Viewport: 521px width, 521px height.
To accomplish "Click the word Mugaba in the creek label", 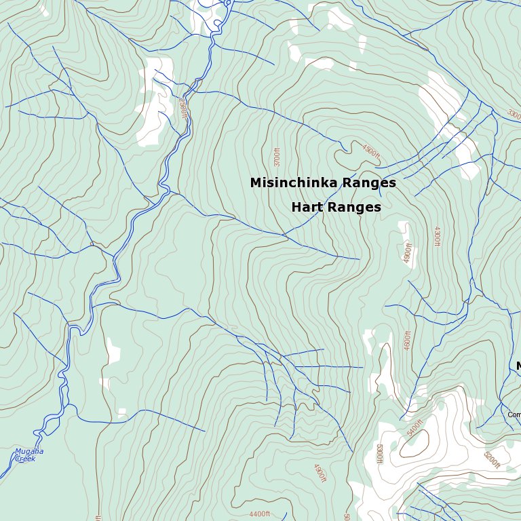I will point(29,451).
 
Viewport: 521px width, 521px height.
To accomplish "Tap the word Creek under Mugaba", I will point(25,459).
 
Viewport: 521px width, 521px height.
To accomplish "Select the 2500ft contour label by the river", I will point(182,108).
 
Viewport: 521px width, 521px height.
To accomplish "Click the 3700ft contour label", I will point(277,157).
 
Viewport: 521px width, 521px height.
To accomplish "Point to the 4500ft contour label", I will point(371,153).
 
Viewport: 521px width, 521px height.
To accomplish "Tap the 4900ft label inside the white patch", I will point(408,254).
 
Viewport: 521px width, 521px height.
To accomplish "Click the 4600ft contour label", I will point(408,340).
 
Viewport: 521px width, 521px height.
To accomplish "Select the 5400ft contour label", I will point(414,428).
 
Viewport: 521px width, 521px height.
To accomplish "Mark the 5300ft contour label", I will point(379,453).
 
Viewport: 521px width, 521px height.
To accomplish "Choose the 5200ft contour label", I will point(492,460).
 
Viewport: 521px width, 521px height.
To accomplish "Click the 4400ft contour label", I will point(260,514).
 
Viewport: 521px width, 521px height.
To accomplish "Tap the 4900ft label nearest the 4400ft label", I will point(320,473).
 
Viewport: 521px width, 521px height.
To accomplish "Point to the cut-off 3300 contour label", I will point(514,115).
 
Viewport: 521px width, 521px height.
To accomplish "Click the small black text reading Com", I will point(514,414).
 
